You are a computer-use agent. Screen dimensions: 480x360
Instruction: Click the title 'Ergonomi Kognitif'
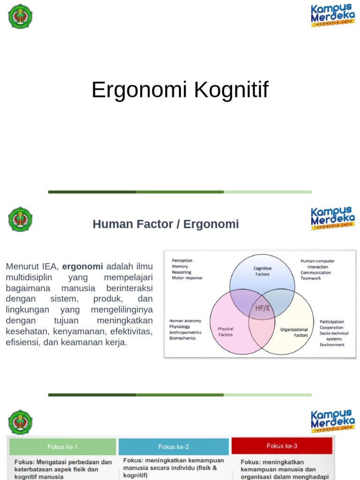coord(180,90)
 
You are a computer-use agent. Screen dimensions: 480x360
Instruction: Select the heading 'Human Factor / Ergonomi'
coord(165,224)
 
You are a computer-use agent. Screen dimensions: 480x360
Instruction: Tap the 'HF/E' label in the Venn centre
coord(262,308)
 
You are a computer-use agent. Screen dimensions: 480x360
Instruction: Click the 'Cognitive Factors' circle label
coord(262,271)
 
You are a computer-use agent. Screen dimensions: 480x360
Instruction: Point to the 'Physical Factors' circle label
coord(225,332)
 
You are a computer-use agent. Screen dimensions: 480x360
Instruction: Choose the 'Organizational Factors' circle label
coord(294,332)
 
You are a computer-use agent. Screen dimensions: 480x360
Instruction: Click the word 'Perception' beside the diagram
coord(182,261)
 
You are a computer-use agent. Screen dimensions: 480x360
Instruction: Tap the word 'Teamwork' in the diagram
coord(311,278)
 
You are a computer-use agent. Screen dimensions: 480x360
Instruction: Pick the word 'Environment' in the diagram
coord(332,345)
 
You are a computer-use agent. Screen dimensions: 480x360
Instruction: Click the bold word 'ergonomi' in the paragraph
coord(82,266)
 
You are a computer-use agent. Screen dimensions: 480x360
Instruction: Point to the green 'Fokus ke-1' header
coord(62,447)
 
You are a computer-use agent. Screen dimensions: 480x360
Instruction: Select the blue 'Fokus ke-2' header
coord(173,447)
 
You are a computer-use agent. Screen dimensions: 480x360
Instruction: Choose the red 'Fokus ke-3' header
coord(282,446)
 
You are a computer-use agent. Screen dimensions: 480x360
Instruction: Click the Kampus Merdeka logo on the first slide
coord(332,15)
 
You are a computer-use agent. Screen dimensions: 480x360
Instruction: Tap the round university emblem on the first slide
coord(20,16)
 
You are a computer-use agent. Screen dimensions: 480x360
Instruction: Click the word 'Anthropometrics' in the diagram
coord(185,332)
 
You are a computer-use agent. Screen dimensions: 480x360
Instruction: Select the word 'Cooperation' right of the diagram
coord(331,328)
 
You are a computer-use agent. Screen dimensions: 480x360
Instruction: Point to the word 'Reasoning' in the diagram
coord(181,272)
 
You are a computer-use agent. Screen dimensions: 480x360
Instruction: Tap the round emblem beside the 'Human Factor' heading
coord(20,219)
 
